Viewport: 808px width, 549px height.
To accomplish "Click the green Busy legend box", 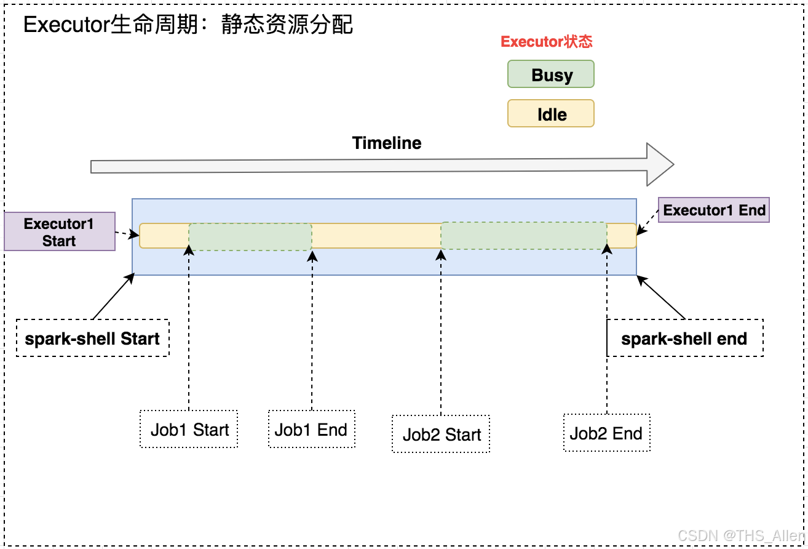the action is point(551,74).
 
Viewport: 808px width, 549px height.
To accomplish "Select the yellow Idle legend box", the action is point(551,113).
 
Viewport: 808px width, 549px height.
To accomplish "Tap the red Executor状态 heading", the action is point(547,41).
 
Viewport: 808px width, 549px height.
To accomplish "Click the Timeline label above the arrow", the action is point(387,143).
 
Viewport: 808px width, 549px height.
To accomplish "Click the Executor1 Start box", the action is point(60,231).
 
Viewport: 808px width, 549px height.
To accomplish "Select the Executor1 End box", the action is point(714,210).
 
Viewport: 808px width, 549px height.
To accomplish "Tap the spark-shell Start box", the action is point(93,339).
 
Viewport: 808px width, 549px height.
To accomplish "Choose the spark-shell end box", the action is point(685,339).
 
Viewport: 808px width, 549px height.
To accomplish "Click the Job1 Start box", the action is point(189,429).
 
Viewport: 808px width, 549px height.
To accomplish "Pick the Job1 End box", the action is point(312,429).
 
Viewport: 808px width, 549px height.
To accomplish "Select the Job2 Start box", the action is point(441,434).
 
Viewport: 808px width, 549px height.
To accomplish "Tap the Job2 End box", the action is point(607,433).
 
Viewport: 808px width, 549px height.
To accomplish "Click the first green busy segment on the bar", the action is point(250,237).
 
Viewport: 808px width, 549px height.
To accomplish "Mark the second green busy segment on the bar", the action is point(524,236).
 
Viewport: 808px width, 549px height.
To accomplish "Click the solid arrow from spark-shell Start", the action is point(114,296).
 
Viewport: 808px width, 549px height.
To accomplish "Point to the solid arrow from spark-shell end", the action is point(661,297).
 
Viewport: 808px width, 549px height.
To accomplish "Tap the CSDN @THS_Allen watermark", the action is point(741,535).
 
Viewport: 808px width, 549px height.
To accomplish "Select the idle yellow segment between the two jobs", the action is point(376,236).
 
